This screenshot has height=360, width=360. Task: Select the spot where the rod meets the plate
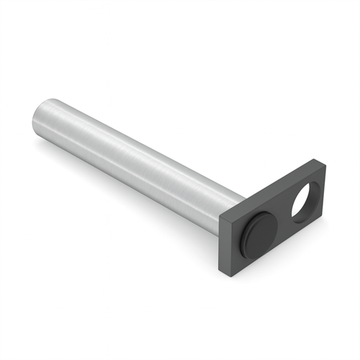coord(235,208)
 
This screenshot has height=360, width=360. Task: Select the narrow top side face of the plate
coord(274,189)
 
